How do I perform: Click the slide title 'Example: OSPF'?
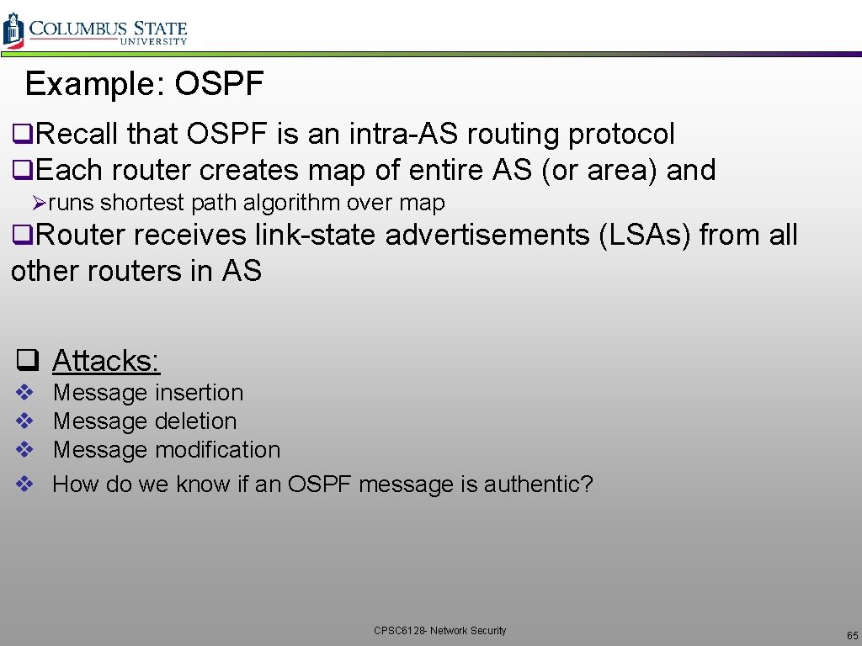click(145, 84)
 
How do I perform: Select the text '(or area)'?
click(599, 170)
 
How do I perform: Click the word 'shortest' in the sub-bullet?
click(142, 203)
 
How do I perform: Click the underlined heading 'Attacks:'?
click(106, 361)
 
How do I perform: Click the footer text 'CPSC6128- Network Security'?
click(440, 630)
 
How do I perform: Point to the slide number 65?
click(852, 635)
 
